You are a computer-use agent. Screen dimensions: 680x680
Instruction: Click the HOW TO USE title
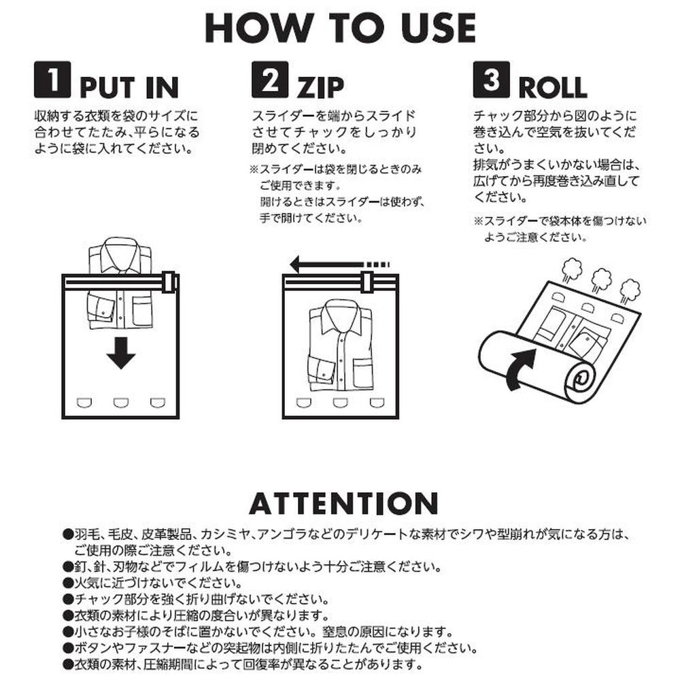pos(341,28)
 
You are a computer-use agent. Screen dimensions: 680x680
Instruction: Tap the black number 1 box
pos(52,80)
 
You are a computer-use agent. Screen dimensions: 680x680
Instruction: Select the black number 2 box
pos(270,80)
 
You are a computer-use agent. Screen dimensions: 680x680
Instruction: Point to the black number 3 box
pos(491,80)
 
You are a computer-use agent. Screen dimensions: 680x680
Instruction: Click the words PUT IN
pos(129,88)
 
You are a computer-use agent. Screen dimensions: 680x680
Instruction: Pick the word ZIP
pos(320,88)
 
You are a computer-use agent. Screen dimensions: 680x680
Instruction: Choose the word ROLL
pos(553,88)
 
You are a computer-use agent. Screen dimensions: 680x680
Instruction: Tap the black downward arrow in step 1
pos(121,352)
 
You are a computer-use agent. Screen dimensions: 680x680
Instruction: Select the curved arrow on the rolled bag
pos(522,369)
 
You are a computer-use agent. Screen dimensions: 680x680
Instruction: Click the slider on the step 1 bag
pos(169,282)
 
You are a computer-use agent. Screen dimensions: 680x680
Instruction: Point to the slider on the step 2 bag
pos(367,282)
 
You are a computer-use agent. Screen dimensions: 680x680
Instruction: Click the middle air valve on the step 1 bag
pos(121,403)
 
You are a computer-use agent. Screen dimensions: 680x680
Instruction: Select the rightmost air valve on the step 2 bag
pos(377,403)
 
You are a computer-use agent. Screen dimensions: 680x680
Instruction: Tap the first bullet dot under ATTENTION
pos(67,534)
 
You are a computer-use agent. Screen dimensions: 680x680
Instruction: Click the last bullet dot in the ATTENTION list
pos(67,664)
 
